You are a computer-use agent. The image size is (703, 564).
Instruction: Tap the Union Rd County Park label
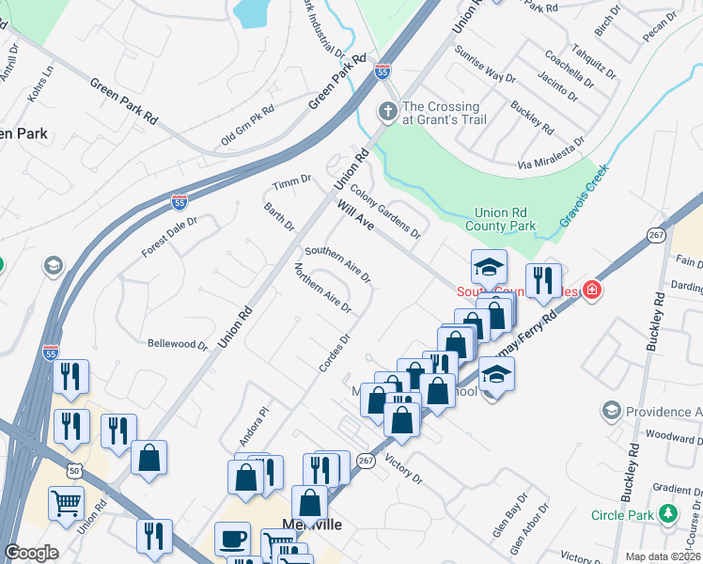505,219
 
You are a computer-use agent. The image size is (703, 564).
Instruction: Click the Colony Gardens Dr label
385,212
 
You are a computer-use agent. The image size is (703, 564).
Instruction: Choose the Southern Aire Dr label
337,264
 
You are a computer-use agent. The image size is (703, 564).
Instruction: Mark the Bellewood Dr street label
178,344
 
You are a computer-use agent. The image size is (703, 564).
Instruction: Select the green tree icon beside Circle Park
668,514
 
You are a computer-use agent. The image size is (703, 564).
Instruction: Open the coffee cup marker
232,540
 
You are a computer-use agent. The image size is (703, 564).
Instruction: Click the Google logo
31,553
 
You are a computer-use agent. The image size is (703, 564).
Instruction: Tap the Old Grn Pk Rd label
247,125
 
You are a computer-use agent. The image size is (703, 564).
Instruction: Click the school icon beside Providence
612,411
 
